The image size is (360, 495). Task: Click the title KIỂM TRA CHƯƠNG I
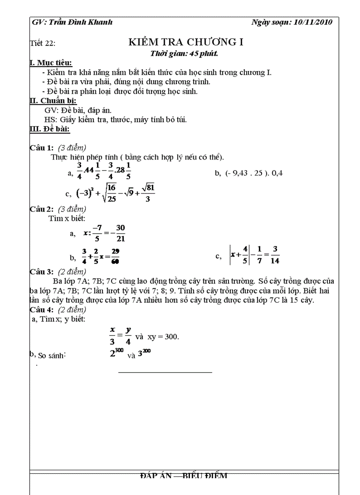[x=186, y=42]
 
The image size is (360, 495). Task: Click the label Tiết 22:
[x=42, y=43]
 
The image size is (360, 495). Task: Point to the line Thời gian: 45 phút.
[x=184, y=54]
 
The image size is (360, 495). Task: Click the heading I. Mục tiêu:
[x=50, y=63]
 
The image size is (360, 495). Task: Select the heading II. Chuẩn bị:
[x=52, y=101]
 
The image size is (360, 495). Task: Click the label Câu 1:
[x=41, y=148]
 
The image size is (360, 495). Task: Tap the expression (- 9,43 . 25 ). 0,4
[x=254, y=173]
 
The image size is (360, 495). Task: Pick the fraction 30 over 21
[x=120, y=233]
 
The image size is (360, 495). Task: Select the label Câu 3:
[x=41, y=272]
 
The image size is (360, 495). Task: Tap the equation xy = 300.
[x=163, y=336]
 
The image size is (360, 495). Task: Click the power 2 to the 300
[x=116, y=353]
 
